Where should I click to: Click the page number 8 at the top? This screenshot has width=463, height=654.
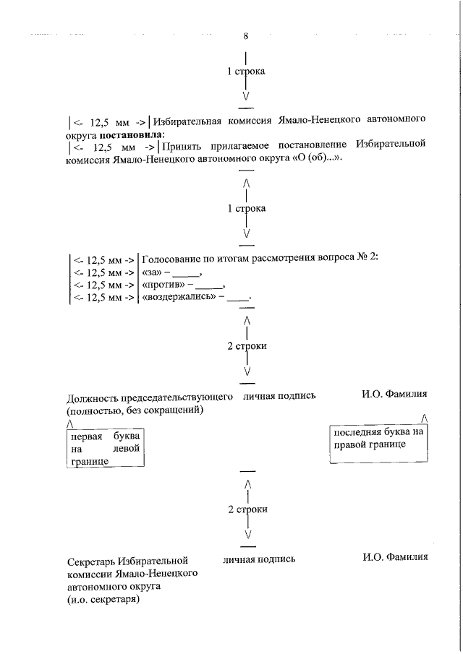(x=247, y=36)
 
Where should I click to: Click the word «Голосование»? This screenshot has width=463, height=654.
(x=177, y=258)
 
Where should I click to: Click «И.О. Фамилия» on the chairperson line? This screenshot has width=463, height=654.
(x=395, y=395)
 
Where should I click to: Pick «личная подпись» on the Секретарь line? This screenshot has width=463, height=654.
(x=259, y=559)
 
